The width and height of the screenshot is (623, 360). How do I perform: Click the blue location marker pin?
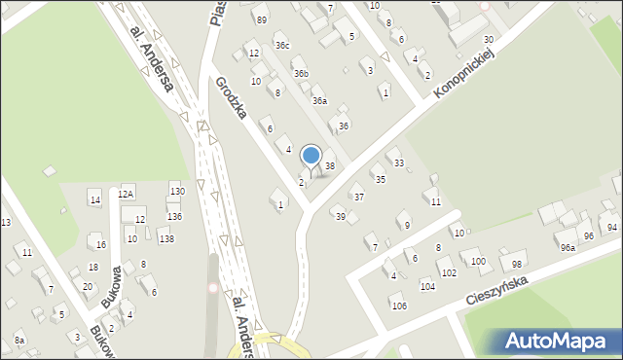pyautogui.click(x=311, y=157)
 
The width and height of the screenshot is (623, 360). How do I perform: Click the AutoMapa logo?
pyautogui.click(x=560, y=341)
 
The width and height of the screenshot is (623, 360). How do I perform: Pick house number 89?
pyautogui.click(x=260, y=19)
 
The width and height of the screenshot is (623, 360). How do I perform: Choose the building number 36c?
pyautogui.click(x=282, y=45)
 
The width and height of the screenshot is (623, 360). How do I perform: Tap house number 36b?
pyautogui.click(x=302, y=73)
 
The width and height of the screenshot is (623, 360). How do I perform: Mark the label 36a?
pyautogui.click(x=319, y=100)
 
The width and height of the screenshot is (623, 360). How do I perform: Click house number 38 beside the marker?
pyautogui.click(x=330, y=166)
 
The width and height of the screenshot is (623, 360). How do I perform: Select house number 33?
pyautogui.click(x=398, y=162)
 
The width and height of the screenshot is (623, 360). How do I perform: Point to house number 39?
pyautogui.click(x=340, y=216)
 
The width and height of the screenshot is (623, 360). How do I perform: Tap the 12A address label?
pyautogui.click(x=126, y=194)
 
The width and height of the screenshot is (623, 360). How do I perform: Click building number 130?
pyautogui.click(x=176, y=190)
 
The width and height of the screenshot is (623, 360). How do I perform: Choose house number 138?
pyautogui.click(x=166, y=238)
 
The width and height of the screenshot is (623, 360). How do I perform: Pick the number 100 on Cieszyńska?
pyautogui.click(x=476, y=262)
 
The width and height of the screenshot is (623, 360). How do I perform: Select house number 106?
pyautogui.click(x=398, y=306)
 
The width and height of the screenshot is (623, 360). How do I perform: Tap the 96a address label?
pyautogui.click(x=568, y=248)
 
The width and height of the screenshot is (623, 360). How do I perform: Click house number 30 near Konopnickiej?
pyautogui.click(x=488, y=39)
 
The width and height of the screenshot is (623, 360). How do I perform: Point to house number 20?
pyautogui.click(x=87, y=286)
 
